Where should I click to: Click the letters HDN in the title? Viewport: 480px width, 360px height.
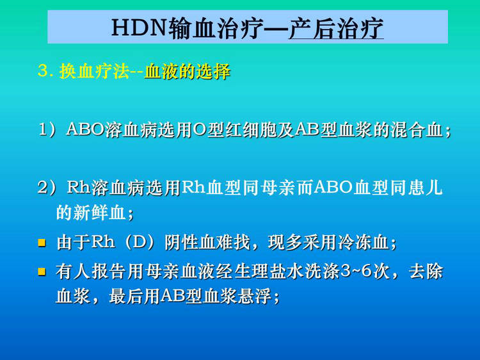[140, 28]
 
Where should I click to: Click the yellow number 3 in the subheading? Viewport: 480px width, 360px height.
[43, 71]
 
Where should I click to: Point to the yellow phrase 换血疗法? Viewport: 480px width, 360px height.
[94, 71]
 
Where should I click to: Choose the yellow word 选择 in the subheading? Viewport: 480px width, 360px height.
[213, 71]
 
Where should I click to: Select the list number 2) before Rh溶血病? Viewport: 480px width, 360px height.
[47, 188]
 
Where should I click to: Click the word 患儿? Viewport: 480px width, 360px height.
[425, 187]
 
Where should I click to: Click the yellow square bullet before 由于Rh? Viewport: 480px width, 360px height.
[42, 243]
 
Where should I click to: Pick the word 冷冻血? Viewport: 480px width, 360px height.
[363, 242]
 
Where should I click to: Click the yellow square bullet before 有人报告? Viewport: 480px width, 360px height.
[42, 272]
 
